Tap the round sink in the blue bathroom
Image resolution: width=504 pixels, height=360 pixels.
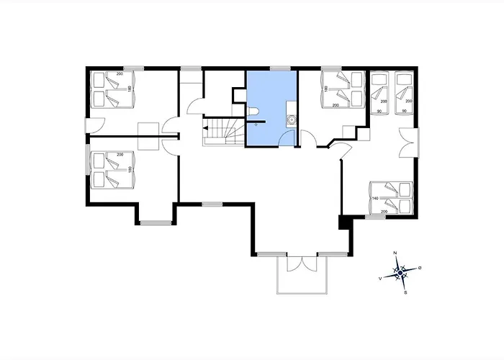(x=292, y=120)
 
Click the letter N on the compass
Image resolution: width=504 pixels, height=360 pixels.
(x=395, y=254)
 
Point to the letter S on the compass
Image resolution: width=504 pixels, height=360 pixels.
(x=406, y=292)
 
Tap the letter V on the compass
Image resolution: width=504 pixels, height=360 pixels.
(x=381, y=278)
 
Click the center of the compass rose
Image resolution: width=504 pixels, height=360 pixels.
(x=400, y=273)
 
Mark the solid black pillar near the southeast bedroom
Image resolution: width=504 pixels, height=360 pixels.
(x=343, y=222)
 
